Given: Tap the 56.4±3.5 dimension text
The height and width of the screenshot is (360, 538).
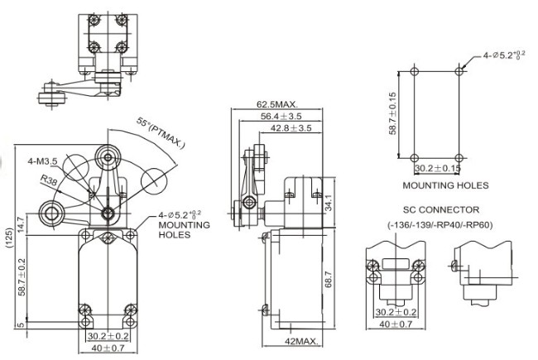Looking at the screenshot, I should click(281, 116).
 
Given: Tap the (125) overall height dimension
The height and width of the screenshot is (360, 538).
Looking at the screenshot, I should click(7, 240).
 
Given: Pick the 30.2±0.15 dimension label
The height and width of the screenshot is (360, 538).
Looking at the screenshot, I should click(439, 168).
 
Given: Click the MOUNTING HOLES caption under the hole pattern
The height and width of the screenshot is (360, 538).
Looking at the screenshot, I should click(445, 185).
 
